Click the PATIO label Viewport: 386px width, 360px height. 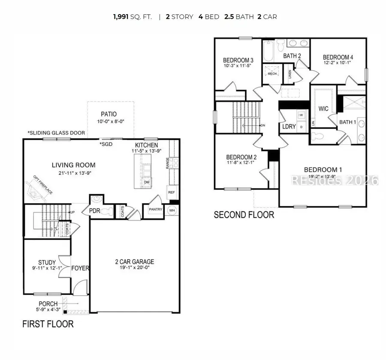tap(109, 114)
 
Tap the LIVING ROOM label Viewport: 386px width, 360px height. tap(74, 165)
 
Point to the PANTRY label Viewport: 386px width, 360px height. tap(154, 210)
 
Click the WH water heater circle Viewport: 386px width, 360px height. tap(172, 210)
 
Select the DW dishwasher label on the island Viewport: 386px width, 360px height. tap(146, 182)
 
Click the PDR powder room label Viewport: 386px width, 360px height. tap(94, 211)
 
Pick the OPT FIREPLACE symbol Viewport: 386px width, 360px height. tap(41, 191)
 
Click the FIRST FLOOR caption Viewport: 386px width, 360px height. tap(48, 324)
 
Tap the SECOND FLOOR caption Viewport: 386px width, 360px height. tap(244, 214)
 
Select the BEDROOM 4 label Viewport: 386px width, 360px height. tap(338, 57)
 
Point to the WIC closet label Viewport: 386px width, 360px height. tap(324, 109)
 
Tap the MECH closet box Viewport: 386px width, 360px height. tap(272, 73)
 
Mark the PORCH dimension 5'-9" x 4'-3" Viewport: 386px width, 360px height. tap(48, 310)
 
